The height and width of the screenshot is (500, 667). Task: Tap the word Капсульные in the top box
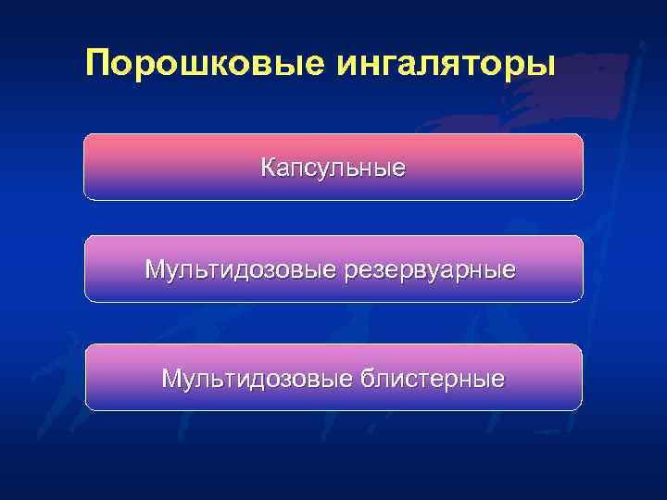[x=333, y=168]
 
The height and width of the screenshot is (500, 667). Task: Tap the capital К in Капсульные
[x=268, y=168]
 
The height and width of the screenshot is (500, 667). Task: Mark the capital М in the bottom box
[x=171, y=378]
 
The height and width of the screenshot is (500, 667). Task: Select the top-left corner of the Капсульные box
[x=86, y=136]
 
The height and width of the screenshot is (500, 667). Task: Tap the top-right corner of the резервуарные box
[x=581, y=238]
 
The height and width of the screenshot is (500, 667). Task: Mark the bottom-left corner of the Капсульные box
[x=86, y=198]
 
